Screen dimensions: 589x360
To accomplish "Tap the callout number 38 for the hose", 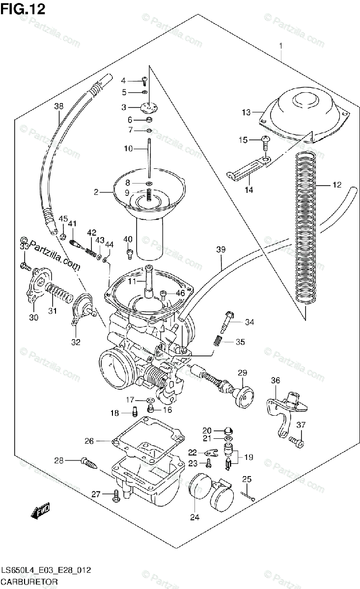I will point(59,106).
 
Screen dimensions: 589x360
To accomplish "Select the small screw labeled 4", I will point(145,81).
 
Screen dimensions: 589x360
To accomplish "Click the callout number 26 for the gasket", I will point(89,441).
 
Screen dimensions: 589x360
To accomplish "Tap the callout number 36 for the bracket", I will point(276,380).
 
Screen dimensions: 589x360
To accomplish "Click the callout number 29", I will point(243,374).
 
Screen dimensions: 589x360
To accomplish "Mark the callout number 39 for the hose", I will point(221,250).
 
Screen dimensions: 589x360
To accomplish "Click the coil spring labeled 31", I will point(58,296).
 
